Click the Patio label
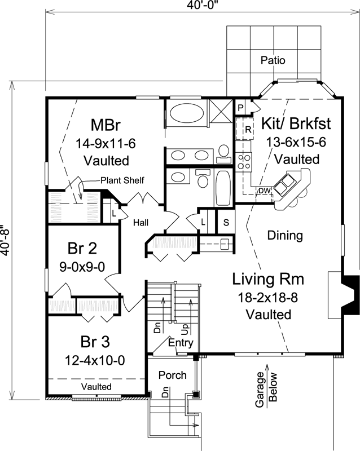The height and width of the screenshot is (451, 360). [273, 60]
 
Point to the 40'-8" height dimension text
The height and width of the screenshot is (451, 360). [6, 241]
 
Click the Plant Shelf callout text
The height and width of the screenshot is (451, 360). [122, 180]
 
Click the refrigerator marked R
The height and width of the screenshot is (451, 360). [247, 130]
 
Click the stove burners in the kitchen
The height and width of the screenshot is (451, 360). [244, 162]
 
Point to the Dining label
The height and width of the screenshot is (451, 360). [285, 235]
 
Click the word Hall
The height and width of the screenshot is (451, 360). [141, 222]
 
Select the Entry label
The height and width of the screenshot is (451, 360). [181, 342]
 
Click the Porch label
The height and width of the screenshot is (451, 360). [172, 375]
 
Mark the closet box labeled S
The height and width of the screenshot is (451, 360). [226, 222]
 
